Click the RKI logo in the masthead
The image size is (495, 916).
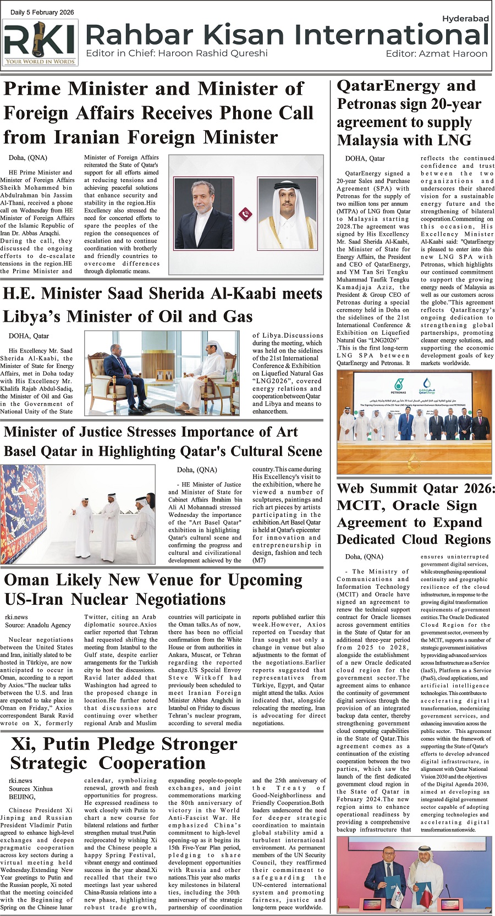coord(40,42)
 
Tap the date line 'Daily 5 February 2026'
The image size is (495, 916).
coord(42,12)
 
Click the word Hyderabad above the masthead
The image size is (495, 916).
coord(465,19)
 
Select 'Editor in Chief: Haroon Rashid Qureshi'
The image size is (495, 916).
coord(177,53)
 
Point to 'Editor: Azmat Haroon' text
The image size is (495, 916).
coord(436,54)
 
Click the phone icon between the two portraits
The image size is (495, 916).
coord(245,214)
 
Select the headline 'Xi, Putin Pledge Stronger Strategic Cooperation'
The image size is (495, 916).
coord(124,753)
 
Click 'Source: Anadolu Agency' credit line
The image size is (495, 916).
coord(38,625)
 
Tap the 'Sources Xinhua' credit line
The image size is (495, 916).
coord(31,788)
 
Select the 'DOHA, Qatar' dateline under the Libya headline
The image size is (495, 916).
coord(29,336)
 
